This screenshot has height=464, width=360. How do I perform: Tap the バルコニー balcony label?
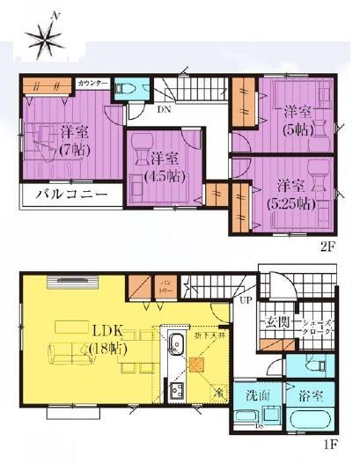pos(71,194)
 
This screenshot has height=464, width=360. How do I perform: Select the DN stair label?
pos(164,111)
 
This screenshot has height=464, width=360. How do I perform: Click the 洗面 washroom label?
pos(256,395)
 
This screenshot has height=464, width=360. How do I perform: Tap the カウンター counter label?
pos(93,83)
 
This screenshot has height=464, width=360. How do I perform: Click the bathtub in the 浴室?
pos(309,422)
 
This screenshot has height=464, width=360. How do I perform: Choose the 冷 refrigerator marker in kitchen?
pos(217,389)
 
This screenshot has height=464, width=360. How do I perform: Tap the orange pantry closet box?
pos(140,288)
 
